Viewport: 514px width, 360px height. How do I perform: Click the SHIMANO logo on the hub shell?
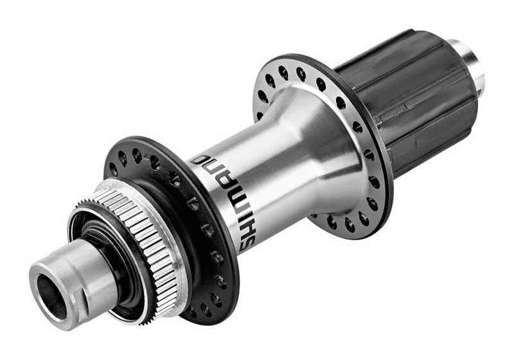[222, 203]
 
